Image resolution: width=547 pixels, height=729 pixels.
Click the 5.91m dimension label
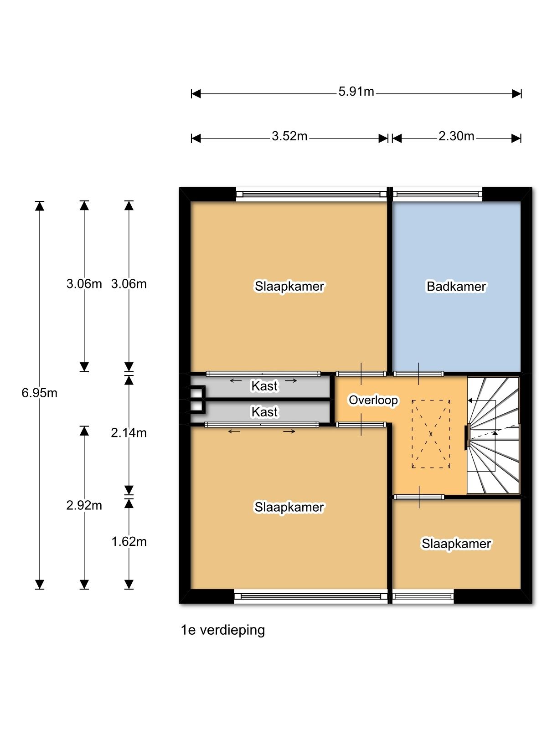356,92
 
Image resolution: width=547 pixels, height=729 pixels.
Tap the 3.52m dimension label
289,136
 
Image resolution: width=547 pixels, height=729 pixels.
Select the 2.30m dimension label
456,136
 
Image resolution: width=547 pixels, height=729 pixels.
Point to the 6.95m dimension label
40,393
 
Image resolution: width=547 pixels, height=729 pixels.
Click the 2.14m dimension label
129,432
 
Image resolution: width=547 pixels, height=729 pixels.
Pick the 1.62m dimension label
129,541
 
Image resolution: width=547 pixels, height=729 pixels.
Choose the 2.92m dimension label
84,505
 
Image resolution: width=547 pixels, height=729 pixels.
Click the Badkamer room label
456,286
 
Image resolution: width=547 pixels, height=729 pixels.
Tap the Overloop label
373,400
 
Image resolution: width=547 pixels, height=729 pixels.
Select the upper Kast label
264,386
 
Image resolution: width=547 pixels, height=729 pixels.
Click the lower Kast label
264,412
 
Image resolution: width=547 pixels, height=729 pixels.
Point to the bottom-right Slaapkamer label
456,544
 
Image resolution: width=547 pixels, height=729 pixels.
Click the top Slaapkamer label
289,286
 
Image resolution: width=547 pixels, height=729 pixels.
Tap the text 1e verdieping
223,630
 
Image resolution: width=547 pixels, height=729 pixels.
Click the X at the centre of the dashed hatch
431,434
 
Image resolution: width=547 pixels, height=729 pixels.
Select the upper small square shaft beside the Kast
197,392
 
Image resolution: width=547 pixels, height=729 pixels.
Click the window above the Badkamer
438,194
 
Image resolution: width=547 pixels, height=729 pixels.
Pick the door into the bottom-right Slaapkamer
418,497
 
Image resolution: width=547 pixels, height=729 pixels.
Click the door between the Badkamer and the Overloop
418,374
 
